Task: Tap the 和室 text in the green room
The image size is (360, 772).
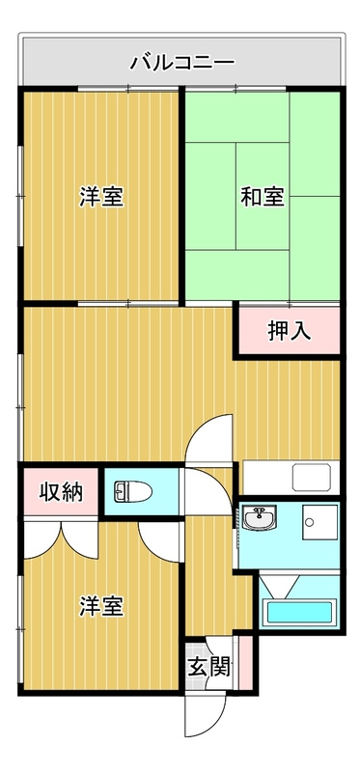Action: click(262, 197)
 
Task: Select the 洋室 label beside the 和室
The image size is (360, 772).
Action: click(101, 197)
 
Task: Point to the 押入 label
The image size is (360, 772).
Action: click(289, 331)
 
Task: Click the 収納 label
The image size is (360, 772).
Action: click(60, 492)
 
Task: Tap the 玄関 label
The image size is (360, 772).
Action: click(208, 667)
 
